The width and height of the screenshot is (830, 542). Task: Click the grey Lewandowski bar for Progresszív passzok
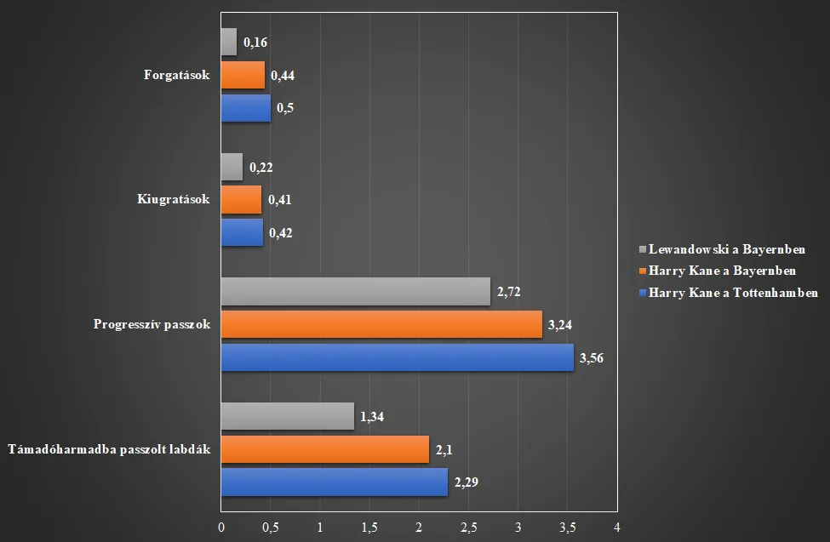(x=355, y=291)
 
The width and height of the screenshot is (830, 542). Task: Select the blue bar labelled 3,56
(x=397, y=357)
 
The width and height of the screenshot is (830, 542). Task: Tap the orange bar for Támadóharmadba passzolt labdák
(x=324, y=449)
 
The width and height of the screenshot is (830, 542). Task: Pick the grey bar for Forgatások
(x=228, y=42)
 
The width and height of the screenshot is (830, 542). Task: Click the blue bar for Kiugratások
(x=242, y=232)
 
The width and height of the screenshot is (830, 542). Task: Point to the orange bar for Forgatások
(x=243, y=75)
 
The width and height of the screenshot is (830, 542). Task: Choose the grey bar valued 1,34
(x=287, y=416)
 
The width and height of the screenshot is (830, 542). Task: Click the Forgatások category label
(x=177, y=75)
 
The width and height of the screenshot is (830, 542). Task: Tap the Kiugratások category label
(x=173, y=200)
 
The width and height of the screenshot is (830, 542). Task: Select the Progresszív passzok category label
(x=152, y=324)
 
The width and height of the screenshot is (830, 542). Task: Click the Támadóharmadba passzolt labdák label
(x=108, y=449)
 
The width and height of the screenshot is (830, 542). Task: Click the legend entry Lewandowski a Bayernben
(x=726, y=250)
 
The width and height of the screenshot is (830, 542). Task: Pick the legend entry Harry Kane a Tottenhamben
(x=733, y=293)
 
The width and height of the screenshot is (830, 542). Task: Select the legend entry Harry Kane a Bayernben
(x=722, y=271)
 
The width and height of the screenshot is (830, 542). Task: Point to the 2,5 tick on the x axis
(x=468, y=528)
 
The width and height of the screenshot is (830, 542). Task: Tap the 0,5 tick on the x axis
(x=270, y=528)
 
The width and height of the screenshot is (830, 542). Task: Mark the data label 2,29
(x=467, y=482)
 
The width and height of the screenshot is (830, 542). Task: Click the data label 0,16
(x=255, y=42)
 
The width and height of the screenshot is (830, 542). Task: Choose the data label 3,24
(x=561, y=324)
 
